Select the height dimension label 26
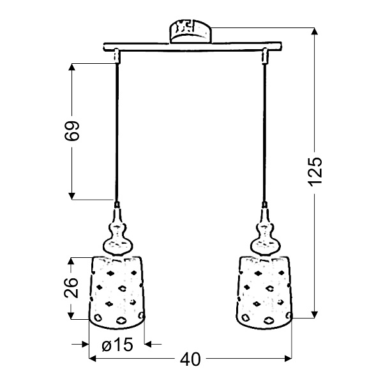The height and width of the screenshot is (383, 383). pyautogui.click(x=73, y=287)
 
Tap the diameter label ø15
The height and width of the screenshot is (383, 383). pyautogui.click(x=117, y=345)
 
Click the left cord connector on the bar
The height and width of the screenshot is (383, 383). pyautogui.click(x=117, y=57)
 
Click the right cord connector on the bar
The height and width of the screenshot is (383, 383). pyautogui.click(x=264, y=57)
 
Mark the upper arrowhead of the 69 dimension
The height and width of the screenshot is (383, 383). pyautogui.click(x=73, y=66)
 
